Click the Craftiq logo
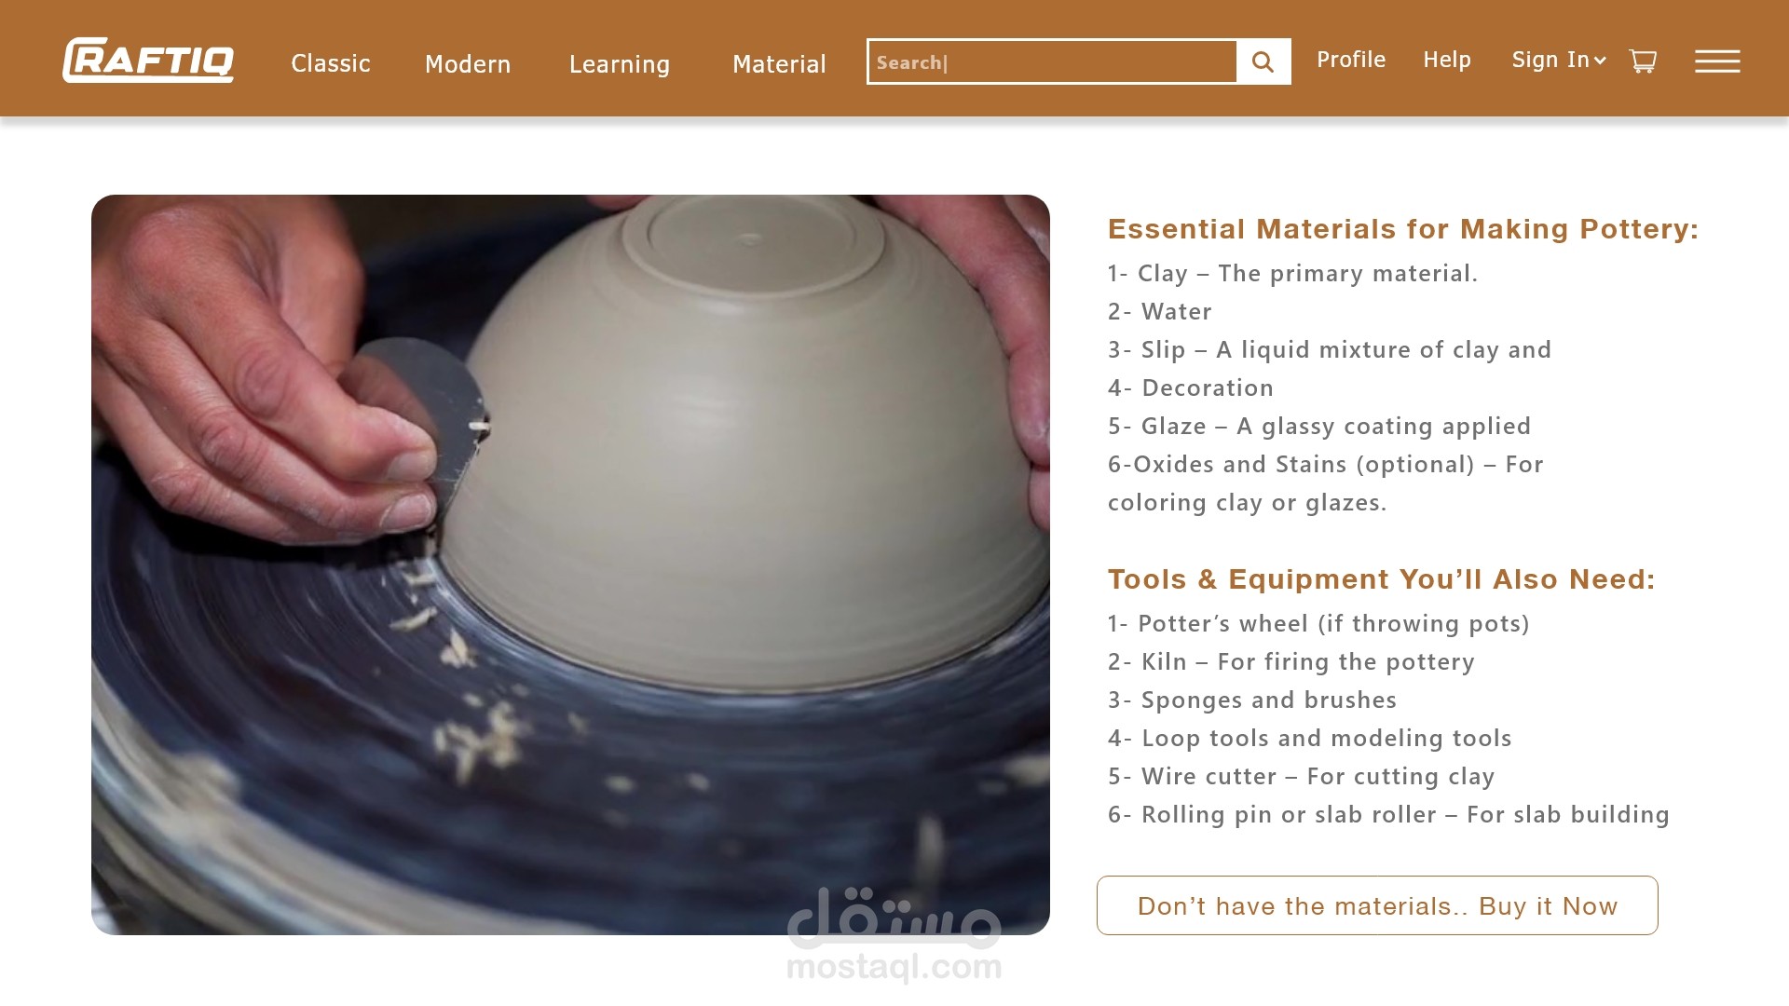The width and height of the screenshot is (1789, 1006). pyautogui.click(x=148, y=61)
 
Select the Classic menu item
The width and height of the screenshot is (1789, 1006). pyautogui.click(x=331, y=63)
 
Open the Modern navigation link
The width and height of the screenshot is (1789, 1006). pyautogui.click(x=468, y=64)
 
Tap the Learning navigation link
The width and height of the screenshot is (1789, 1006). pyautogui.click(x=620, y=64)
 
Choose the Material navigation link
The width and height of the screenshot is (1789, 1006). pyautogui.click(x=779, y=64)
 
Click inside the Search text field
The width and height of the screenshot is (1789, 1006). pyautogui.click(x=1052, y=61)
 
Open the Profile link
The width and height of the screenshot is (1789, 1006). pyautogui.click(x=1351, y=60)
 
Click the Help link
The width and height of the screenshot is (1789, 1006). pyautogui.click(x=1447, y=60)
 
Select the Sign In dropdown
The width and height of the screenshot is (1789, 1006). pyautogui.click(x=1559, y=60)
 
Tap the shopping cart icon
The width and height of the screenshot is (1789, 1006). pyautogui.click(x=1643, y=61)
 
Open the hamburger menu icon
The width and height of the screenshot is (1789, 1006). pyautogui.click(x=1717, y=61)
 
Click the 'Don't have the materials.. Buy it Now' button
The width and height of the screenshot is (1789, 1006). pyautogui.click(x=1377, y=905)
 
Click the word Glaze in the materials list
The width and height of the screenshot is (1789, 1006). pyautogui.click(x=1174, y=426)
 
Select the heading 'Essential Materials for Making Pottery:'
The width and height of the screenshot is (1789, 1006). pyautogui.click(x=1403, y=229)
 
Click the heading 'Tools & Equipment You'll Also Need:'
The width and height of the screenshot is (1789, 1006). pyautogui.click(x=1382, y=579)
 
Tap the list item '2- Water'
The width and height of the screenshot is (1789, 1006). pyautogui.click(x=1160, y=311)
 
